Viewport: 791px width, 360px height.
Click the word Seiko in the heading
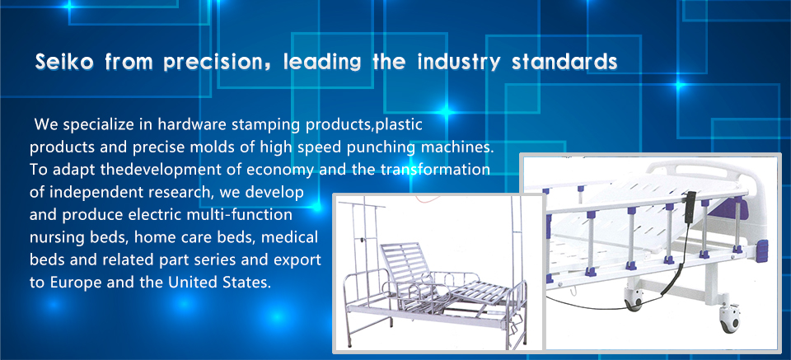(x=64, y=63)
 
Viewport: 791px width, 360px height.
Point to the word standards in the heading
(x=564, y=63)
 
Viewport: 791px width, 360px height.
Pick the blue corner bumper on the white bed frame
(x=761, y=250)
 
